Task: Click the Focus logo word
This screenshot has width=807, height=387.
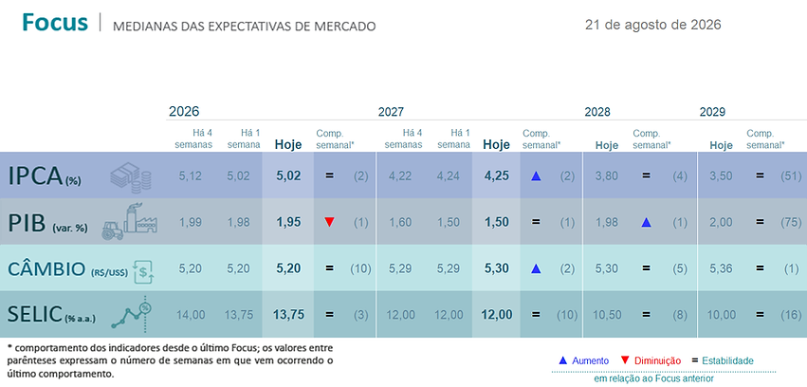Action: [55, 22]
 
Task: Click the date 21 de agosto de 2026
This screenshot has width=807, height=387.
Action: [652, 25]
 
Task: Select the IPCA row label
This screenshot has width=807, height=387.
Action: [45, 176]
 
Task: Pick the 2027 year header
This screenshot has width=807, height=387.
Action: [391, 112]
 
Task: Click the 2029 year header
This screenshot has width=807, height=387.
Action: [712, 112]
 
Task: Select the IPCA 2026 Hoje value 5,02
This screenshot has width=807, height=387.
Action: [287, 176]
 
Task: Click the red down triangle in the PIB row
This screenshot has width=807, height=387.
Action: [330, 222]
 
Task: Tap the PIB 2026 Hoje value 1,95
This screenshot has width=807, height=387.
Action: [287, 222]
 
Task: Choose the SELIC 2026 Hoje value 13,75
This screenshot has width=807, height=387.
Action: [287, 315]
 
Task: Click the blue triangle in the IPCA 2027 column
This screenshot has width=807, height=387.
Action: [536, 176]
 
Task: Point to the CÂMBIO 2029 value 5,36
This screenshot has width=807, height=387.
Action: [721, 268]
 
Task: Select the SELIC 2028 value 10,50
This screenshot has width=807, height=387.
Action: [607, 315]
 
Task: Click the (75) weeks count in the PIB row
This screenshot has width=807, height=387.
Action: [791, 222]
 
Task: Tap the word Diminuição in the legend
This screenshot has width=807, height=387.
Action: [658, 360]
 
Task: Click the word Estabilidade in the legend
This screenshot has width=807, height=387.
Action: [727, 360]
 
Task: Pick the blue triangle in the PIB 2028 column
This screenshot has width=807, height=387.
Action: [647, 222]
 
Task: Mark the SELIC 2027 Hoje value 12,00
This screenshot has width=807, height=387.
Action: [496, 315]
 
